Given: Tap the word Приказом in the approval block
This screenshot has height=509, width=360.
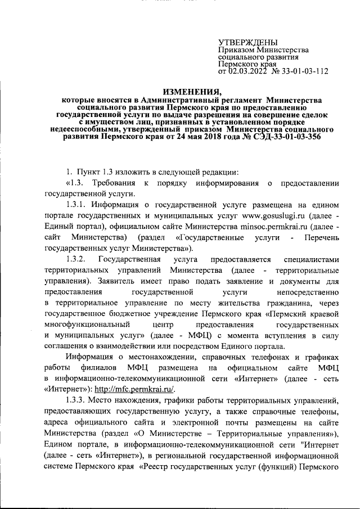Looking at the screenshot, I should (x=236, y=51).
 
